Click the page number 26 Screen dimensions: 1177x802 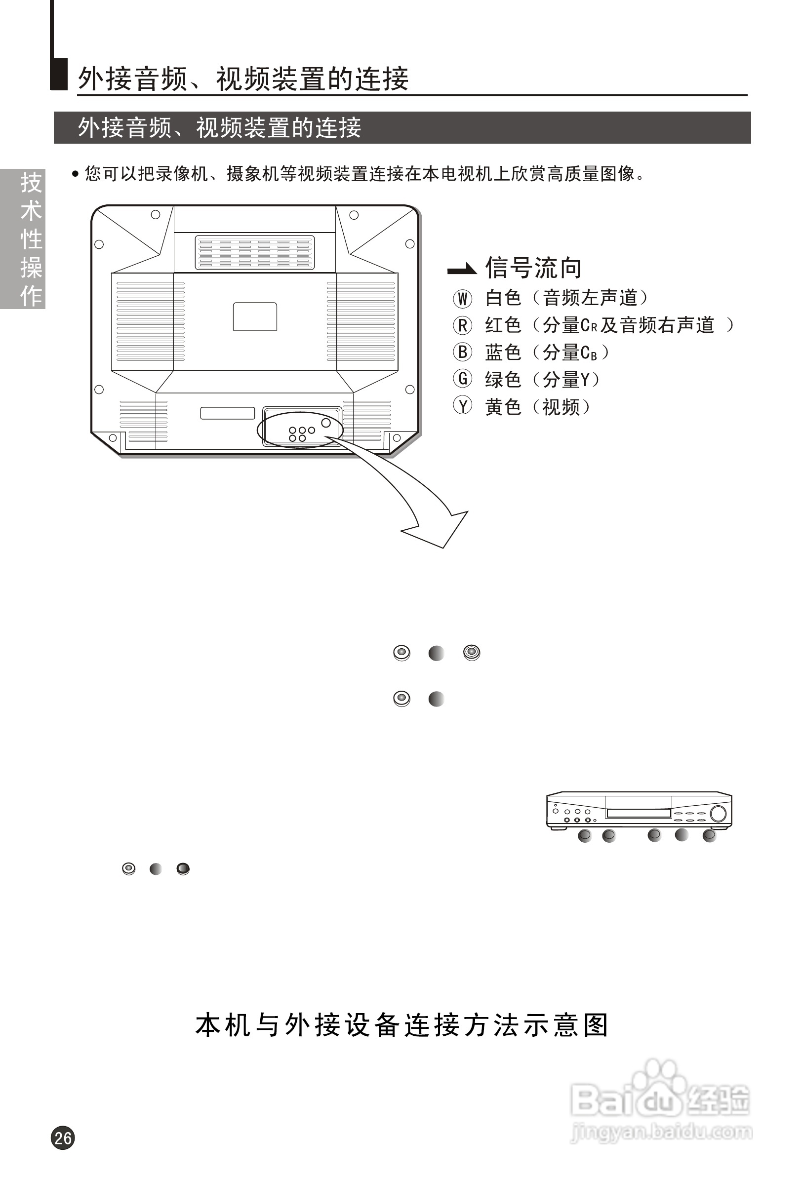tap(63, 1138)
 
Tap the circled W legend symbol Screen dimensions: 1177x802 tap(462, 298)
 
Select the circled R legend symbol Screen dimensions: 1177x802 tap(462, 325)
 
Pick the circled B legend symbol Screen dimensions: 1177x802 tap(462, 352)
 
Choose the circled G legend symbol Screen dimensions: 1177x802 tap(462, 379)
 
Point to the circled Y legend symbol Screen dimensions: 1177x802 tap(462, 406)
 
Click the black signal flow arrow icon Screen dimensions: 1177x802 tap(462, 270)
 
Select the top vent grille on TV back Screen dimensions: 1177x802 tap(254, 252)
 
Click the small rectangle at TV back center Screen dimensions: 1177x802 tap(254, 316)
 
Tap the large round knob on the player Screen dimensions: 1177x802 tap(718, 813)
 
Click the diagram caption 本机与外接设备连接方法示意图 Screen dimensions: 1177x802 tap(401, 1025)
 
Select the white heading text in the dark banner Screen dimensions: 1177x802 tap(219, 128)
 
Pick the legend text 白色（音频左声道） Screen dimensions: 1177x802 tap(566, 298)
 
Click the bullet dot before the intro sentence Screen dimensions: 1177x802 tap(76, 174)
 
